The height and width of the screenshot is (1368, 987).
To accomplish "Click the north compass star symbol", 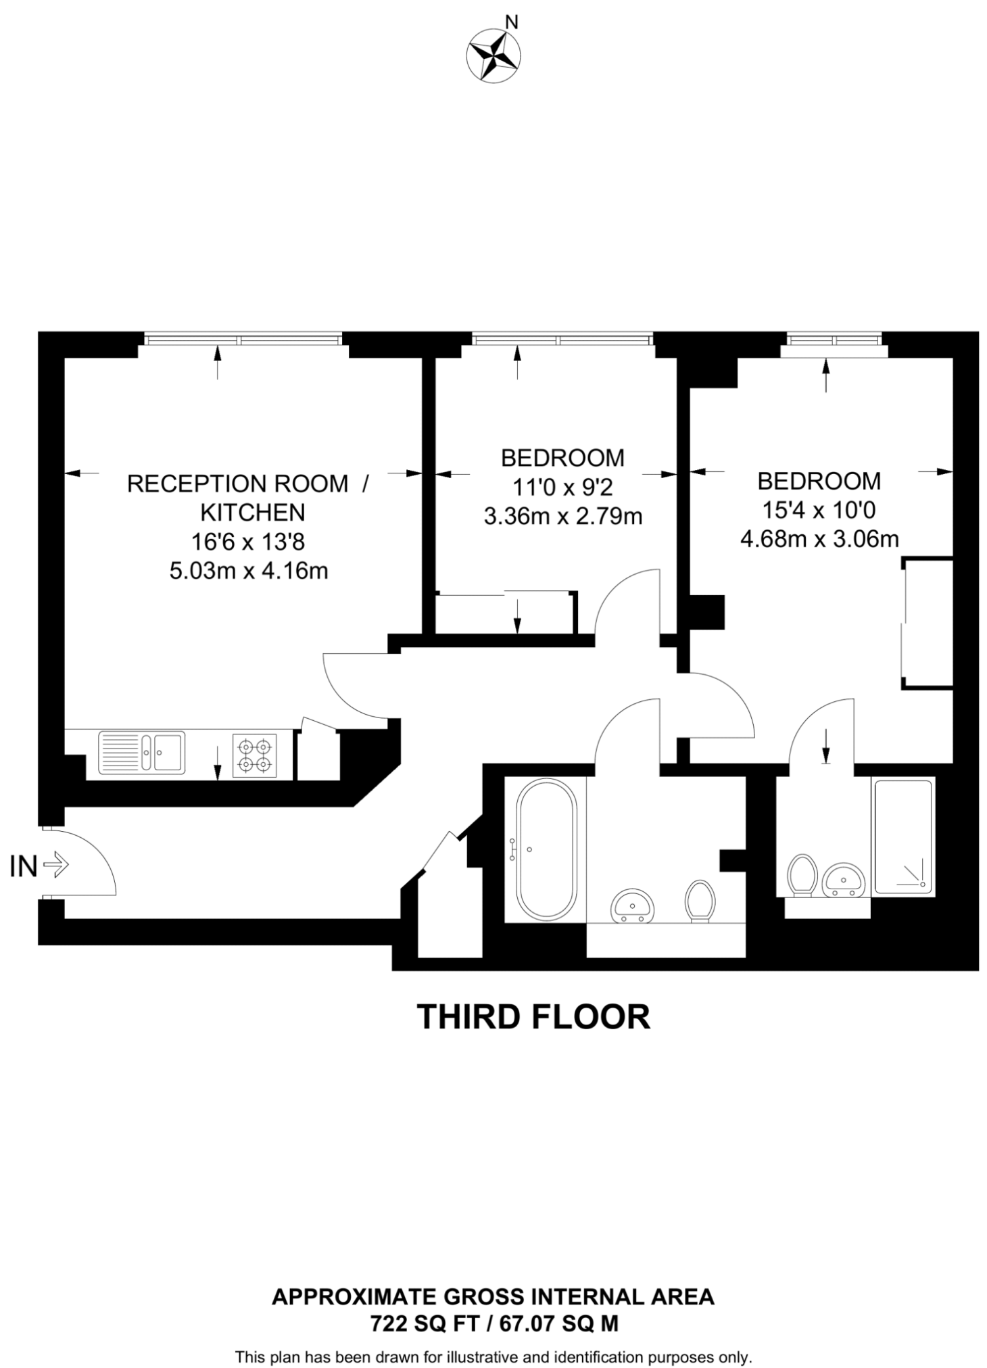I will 492,56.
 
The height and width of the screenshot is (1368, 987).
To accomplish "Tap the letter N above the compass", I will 512,22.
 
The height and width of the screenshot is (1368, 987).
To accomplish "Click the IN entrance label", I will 23,866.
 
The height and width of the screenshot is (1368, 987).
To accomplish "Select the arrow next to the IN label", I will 55,865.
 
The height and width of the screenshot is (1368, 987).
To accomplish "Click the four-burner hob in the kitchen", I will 255,755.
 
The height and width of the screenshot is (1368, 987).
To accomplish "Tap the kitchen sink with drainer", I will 141,752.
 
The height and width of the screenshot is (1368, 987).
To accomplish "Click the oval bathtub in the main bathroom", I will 546,849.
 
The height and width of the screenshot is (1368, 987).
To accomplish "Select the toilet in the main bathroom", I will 700,900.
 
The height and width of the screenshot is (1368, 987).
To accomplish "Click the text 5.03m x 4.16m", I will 248,571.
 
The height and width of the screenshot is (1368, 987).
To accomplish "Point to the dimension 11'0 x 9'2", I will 562,487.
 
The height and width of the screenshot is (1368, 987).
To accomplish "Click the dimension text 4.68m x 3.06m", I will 819,539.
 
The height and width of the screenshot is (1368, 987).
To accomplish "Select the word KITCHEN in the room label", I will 252,513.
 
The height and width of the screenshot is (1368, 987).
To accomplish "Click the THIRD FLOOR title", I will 533,1016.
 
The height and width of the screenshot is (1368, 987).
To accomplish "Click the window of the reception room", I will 243,337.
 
